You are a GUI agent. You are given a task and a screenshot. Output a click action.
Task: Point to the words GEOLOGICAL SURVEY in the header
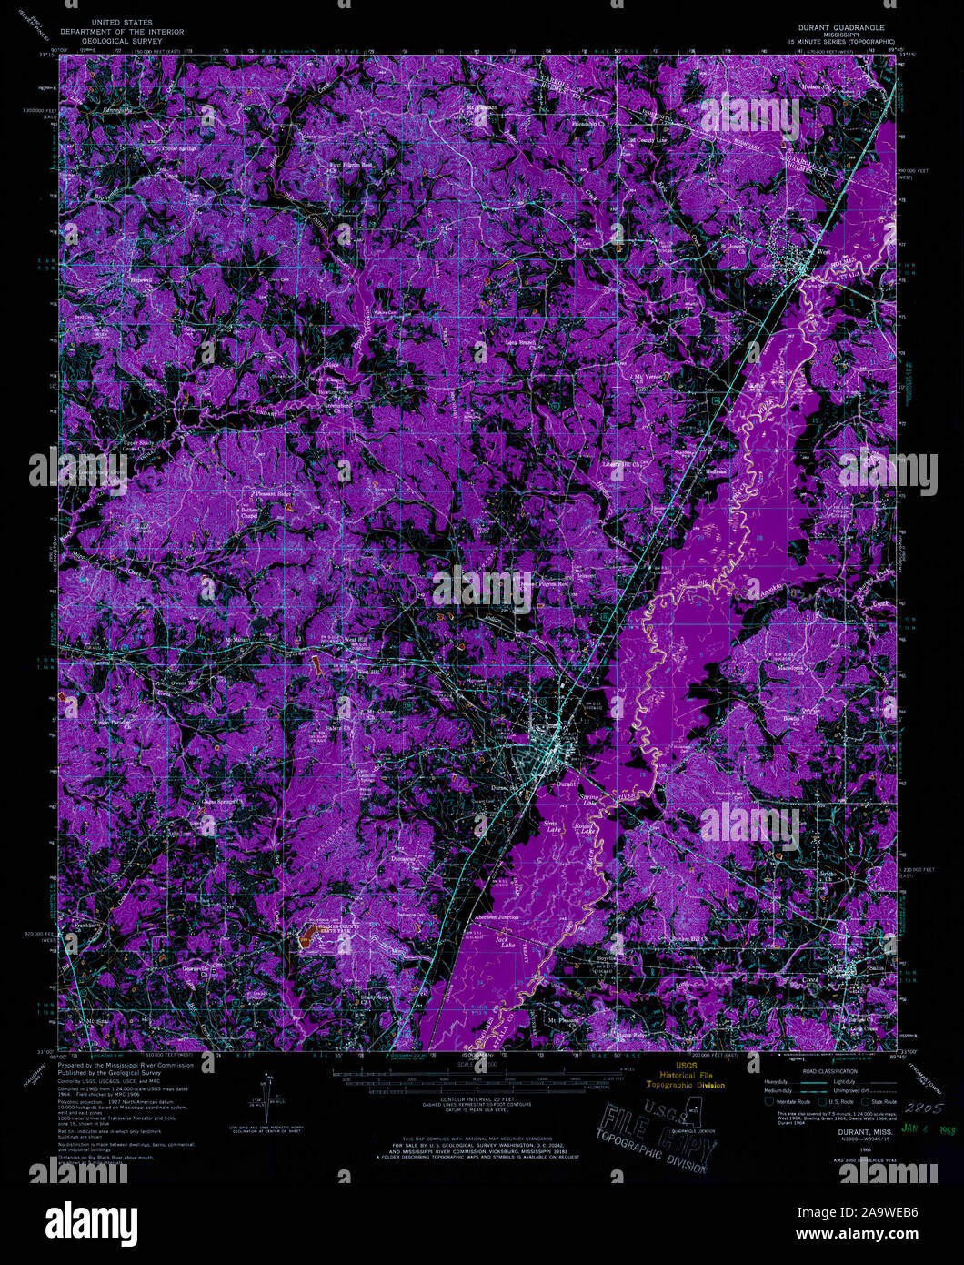coord(121,41)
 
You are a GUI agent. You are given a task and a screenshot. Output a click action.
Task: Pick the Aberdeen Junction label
coord(495,917)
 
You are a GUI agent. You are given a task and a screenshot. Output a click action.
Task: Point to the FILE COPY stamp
coord(653,1133)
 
